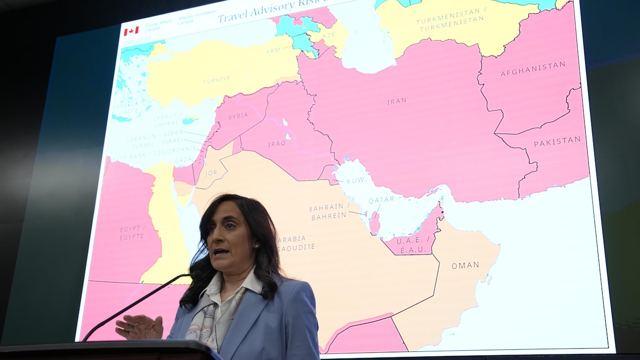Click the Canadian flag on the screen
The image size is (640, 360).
[131, 31]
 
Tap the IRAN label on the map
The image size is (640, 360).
[396, 101]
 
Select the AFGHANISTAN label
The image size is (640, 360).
[532, 69]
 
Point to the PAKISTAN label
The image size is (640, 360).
[557, 141]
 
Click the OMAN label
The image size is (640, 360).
[465, 265]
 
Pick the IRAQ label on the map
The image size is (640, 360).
[276, 144]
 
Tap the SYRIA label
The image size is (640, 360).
[238, 116]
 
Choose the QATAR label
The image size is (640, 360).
[381, 199]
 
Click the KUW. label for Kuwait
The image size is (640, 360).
[355, 181]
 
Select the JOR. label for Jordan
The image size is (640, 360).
[212, 173]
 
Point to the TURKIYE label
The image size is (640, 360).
[216, 80]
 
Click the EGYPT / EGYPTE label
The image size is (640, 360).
[133, 232]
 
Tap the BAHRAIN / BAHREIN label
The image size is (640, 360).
[329, 211]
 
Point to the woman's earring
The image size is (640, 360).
[256, 246]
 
